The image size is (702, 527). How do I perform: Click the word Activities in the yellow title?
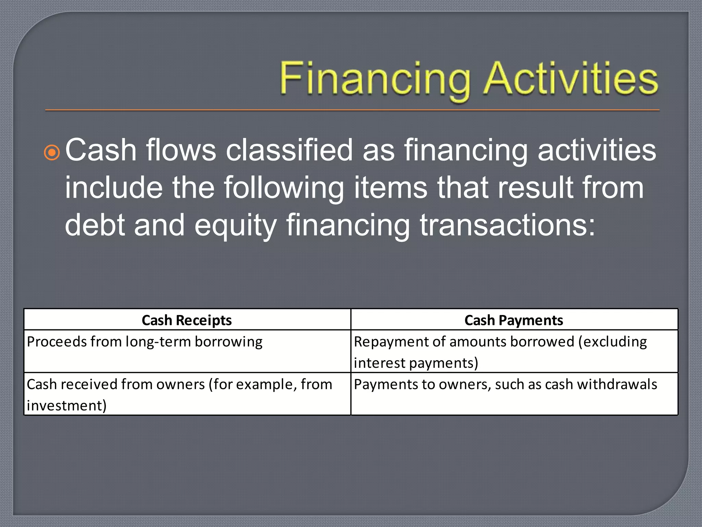571,78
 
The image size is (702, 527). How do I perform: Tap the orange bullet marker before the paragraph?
52,153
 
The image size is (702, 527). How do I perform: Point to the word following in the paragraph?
284,188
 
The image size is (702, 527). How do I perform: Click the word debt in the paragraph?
95,225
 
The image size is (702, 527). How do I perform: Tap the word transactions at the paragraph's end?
508,225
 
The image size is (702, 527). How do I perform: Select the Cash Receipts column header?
187,320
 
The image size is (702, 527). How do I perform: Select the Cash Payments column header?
513,320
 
